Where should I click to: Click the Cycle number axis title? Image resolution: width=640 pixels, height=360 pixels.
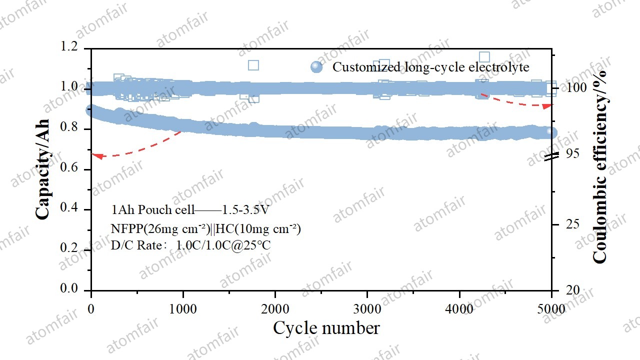click(326, 328)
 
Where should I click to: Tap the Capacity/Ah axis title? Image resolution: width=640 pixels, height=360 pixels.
click(43, 168)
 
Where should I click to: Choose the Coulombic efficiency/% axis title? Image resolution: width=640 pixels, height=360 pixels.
click(599, 166)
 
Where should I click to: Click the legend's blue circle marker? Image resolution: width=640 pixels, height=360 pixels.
click(316, 67)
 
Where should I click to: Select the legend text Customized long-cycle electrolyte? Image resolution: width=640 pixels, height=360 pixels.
click(430, 67)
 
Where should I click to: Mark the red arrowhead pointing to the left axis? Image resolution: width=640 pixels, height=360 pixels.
click(98, 156)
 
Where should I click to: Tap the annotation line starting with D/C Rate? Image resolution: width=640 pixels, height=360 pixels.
click(190, 245)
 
